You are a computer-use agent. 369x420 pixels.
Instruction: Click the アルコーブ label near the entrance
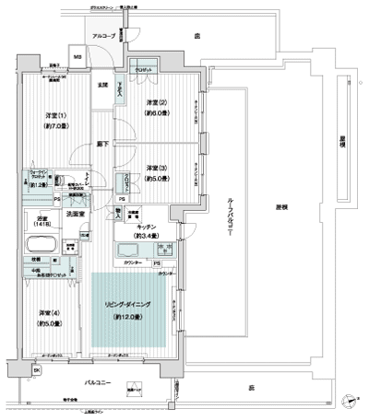[101, 37]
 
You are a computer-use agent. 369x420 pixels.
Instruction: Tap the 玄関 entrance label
[103, 86]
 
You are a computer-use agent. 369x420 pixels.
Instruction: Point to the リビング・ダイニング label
[129, 308]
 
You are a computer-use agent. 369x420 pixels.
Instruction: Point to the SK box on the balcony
[37, 370]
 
